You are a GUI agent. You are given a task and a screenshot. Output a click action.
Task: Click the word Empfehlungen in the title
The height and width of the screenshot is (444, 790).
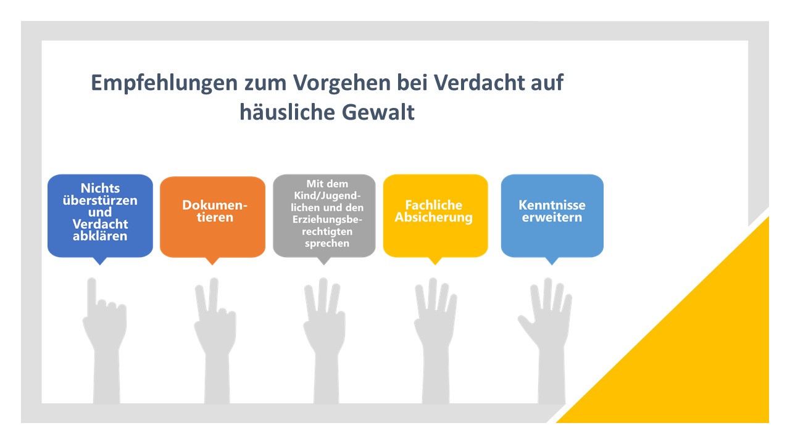tap(164, 84)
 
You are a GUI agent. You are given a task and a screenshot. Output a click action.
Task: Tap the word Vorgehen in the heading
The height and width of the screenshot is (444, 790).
tap(342, 84)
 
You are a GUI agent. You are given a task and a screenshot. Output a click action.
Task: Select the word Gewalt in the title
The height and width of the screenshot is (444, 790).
tap(378, 113)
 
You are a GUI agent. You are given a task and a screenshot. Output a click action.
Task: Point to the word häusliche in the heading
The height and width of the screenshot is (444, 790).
tap(288, 113)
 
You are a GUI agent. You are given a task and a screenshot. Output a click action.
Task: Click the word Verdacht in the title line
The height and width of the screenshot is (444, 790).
tap(475, 83)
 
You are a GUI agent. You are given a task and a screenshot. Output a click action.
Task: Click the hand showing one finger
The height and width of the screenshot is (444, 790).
tap(105, 340)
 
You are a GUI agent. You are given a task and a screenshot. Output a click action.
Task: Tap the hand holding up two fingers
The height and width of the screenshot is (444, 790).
tap(216, 340)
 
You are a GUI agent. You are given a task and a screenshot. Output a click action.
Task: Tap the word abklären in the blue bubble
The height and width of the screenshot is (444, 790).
tap(100, 236)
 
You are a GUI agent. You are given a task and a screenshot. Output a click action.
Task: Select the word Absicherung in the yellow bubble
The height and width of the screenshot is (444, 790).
tap(433, 218)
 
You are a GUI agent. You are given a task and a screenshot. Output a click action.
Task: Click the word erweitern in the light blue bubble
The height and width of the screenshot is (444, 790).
tap(552, 218)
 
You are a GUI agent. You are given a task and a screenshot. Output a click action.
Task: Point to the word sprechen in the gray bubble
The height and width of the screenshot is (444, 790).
tap(327, 244)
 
